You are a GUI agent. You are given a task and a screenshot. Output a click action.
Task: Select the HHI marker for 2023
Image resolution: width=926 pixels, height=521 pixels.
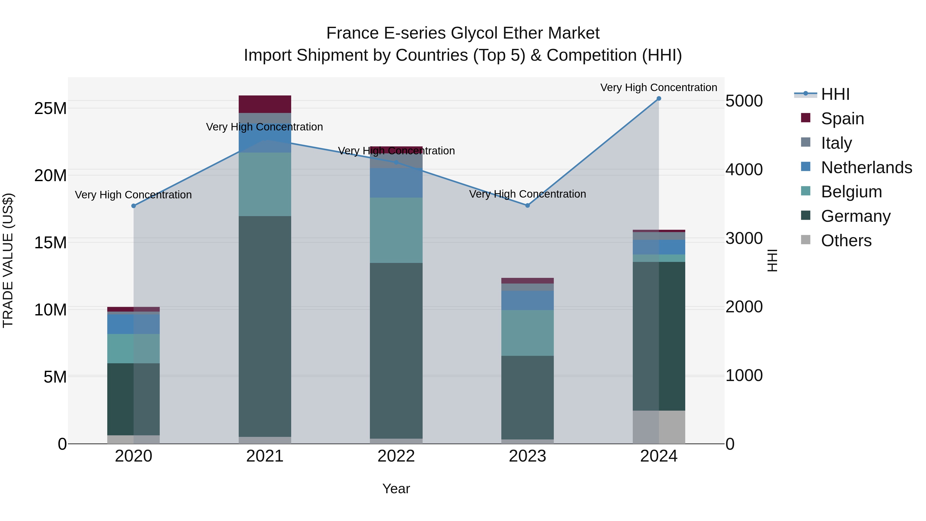point(527,206)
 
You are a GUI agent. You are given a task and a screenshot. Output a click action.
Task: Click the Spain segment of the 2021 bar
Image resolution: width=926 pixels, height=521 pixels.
point(265,104)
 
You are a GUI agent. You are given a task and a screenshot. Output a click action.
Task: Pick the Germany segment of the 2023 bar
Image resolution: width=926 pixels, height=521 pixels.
point(527,397)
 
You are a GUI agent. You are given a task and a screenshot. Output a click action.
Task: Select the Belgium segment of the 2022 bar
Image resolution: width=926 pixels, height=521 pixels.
point(396,230)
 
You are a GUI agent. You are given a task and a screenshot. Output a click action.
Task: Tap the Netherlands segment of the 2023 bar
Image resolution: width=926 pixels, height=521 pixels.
point(527,300)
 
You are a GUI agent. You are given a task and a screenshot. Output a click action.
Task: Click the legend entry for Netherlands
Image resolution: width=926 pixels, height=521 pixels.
point(866,167)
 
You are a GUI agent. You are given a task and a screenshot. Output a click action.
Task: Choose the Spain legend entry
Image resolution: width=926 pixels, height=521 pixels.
point(842,119)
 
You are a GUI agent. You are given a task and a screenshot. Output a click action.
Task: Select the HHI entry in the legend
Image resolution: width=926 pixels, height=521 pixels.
point(835,94)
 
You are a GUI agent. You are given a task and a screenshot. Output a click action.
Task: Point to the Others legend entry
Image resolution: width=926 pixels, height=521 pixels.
point(846,241)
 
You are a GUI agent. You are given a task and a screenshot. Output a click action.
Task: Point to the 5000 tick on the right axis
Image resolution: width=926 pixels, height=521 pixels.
point(744,101)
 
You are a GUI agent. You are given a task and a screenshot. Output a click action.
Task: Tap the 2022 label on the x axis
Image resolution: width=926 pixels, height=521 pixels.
point(396,456)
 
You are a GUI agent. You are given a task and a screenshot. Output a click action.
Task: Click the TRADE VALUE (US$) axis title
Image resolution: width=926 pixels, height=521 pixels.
point(8,260)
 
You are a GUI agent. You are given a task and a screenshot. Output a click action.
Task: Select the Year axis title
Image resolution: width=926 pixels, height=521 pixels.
point(396,489)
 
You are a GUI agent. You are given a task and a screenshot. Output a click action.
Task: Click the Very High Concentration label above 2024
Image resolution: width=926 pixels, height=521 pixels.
point(658,87)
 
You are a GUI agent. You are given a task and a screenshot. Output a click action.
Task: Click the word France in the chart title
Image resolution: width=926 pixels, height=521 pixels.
point(352,33)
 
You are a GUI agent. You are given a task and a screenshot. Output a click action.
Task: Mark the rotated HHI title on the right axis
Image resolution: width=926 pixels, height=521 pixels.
point(772,260)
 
